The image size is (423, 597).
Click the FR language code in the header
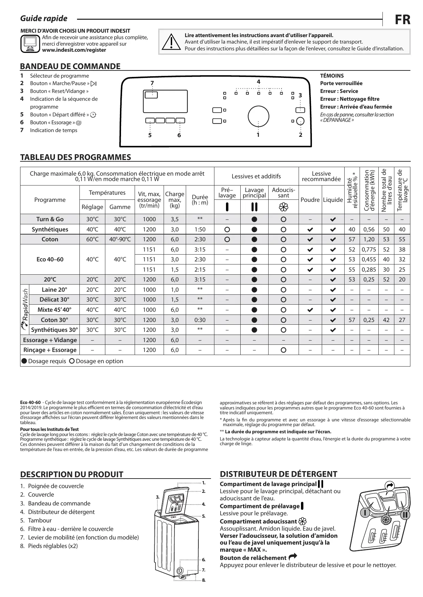pyautogui.click(x=402, y=20)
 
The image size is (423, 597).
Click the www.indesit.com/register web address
pyautogui.click(x=74, y=50)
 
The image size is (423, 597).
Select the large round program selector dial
pyautogui.click(x=258, y=116)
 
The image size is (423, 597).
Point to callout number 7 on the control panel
pyautogui.click(x=152, y=83)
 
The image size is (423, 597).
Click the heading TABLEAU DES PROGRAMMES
pyautogui.click(x=76, y=157)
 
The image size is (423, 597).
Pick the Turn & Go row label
pyautogui.click(x=50, y=219)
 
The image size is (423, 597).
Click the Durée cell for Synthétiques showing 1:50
pyautogui.click(x=200, y=229)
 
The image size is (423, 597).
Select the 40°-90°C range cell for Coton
pyautogui.click(x=120, y=239)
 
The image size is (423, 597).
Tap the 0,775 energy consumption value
pyautogui.click(x=369, y=249)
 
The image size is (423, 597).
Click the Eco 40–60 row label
pyautogui.click(x=50, y=259)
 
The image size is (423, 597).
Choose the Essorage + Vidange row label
pyautogui.click(x=50, y=340)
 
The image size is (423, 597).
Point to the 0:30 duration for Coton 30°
pyautogui.click(x=200, y=320)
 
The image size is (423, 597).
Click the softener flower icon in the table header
pyautogui.click(x=283, y=207)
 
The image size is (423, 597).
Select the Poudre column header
pyautogui.click(x=310, y=200)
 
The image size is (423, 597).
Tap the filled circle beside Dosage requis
pyautogui.click(x=24, y=361)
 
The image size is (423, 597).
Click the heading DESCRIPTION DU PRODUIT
pyautogui.click(x=72, y=474)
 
